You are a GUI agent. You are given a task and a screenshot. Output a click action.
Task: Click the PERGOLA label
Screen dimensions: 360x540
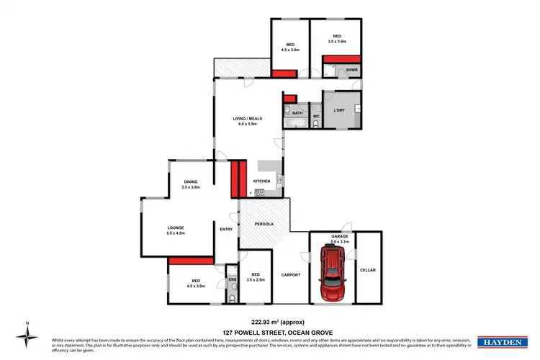264,224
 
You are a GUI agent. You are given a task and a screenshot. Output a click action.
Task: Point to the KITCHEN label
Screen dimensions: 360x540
261,181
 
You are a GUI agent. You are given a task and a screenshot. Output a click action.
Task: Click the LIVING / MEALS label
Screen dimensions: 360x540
247,118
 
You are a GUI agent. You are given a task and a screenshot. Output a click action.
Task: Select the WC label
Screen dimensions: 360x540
315,116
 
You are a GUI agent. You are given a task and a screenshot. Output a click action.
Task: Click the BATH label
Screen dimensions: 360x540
297,114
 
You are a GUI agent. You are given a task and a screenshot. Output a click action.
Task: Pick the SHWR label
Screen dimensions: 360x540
351,70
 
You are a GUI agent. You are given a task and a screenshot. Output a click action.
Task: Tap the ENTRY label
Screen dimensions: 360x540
226,230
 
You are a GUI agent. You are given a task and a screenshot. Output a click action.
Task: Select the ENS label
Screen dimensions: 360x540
232,279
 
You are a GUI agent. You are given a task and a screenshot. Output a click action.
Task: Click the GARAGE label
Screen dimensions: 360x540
339,236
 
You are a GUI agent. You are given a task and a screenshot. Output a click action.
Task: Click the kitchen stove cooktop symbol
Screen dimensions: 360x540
258,192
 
